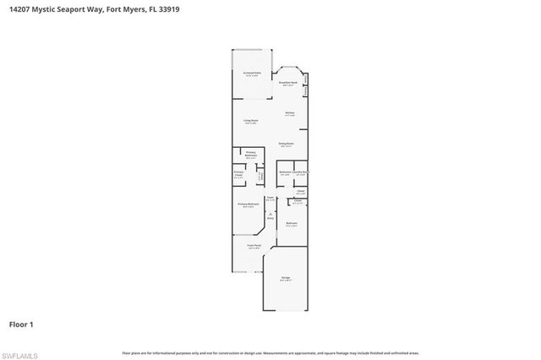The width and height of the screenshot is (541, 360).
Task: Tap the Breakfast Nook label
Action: point(289,83)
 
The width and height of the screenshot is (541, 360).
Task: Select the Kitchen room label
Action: point(289,113)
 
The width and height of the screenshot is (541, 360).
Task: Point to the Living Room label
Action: point(251,122)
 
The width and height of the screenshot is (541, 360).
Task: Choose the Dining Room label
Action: point(287,145)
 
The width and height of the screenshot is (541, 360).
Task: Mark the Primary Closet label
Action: point(239,175)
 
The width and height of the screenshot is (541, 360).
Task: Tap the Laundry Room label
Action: point(303,172)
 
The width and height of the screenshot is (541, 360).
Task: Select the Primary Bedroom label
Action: point(247,205)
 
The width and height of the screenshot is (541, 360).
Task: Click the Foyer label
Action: point(270,199)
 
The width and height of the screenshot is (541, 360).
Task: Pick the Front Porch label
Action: point(253,246)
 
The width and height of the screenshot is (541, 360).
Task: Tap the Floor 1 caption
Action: point(20,324)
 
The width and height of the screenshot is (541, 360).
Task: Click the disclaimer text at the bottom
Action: point(270,352)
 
